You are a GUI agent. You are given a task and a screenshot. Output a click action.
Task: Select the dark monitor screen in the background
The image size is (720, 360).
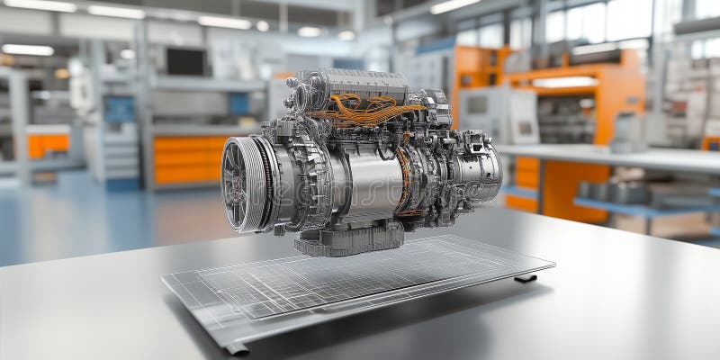[x=185, y=61]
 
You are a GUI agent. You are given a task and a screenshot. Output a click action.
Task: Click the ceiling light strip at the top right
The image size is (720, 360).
[x=454, y=6]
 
